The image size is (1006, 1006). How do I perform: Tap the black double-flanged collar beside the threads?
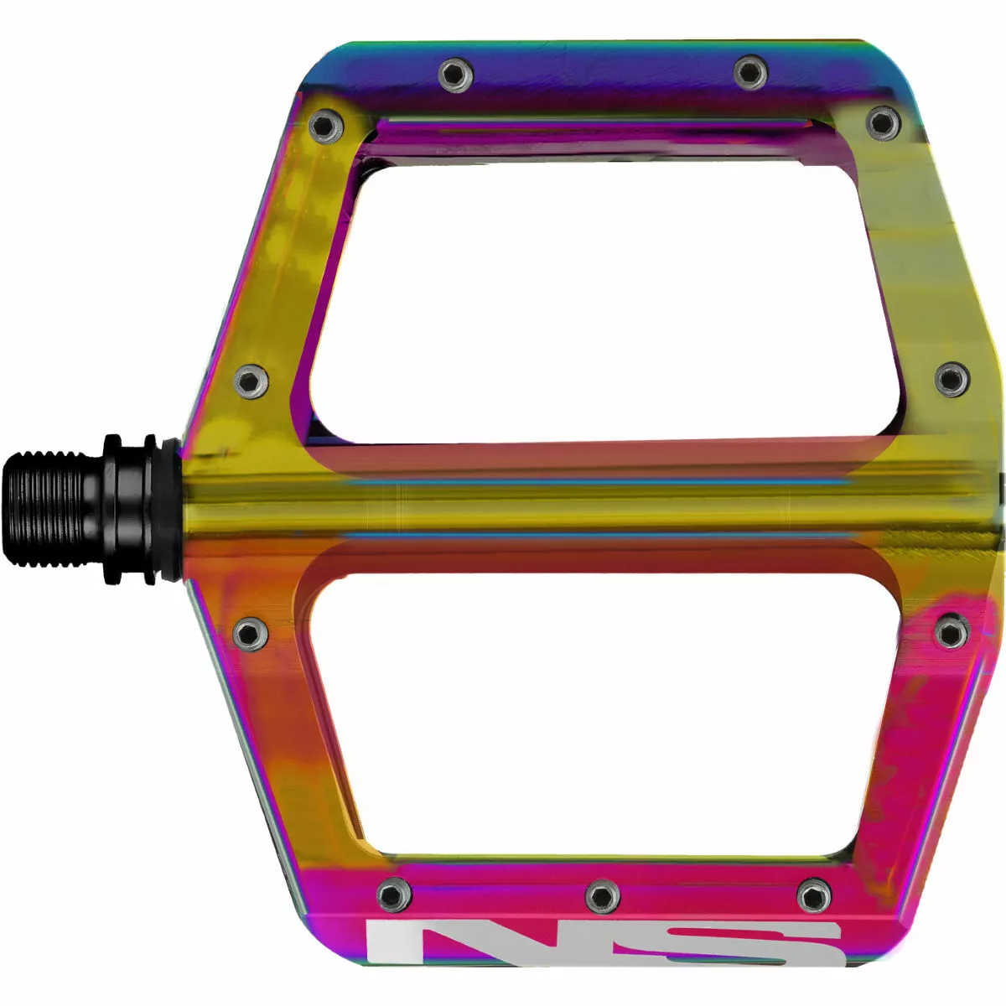click(126, 508)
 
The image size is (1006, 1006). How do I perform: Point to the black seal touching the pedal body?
click(168, 508)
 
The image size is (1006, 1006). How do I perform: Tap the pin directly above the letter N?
click(393, 895)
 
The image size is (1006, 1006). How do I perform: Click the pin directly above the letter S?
click(813, 895)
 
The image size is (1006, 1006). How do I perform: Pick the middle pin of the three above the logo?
click(602, 895)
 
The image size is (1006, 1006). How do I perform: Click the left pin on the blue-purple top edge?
click(455, 75)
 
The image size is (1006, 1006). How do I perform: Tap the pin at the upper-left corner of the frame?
click(325, 127)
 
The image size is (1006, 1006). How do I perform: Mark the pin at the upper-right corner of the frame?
click(883, 123)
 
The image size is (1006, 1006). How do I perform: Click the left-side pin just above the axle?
click(250, 381)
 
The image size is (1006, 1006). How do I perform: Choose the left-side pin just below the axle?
click(250, 633)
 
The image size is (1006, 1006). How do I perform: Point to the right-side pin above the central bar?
click(952, 379)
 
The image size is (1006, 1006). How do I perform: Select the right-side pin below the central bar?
click(952, 630)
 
